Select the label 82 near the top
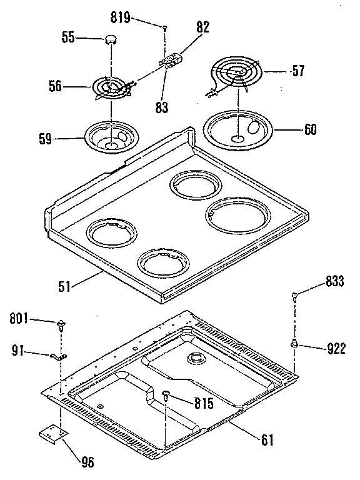coord(202,27)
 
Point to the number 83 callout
coord(162,107)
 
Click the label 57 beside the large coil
coord(297,71)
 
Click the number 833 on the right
coord(334,281)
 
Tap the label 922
coord(335,347)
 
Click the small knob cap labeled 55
coord(111,39)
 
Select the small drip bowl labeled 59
coord(110,136)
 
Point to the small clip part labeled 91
coord(57,357)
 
